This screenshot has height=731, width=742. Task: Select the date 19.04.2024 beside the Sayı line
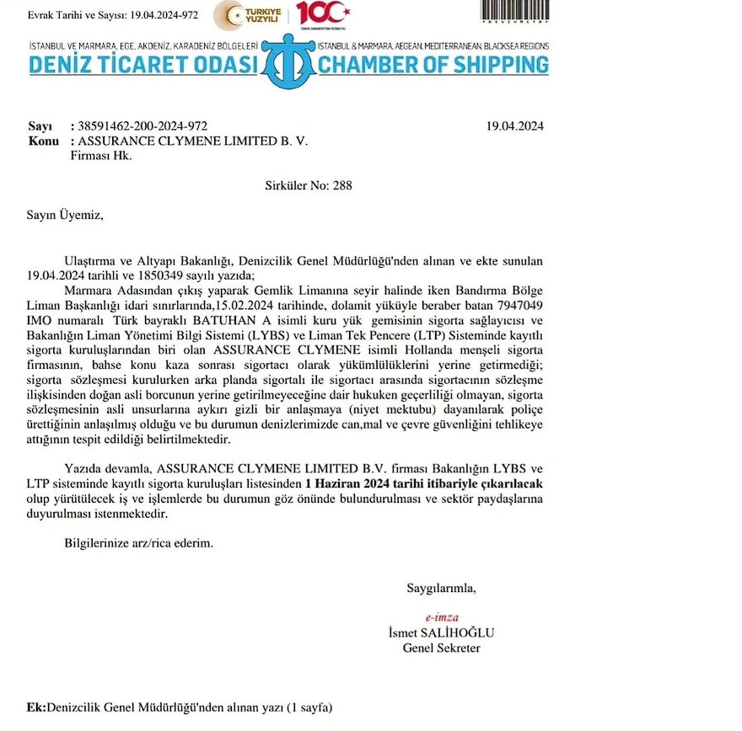click(x=515, y=126)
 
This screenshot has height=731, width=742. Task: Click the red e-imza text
click(x=442, y=616)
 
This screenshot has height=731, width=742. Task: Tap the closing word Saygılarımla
click(x=441, y=587)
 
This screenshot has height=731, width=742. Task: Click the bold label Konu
click(x=43, y=141)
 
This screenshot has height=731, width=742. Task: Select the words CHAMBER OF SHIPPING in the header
click(x=433, y=64)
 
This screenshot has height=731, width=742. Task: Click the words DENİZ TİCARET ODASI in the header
click(x=142, y=64)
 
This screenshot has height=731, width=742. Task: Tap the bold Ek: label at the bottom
click(x=37, y=708)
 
